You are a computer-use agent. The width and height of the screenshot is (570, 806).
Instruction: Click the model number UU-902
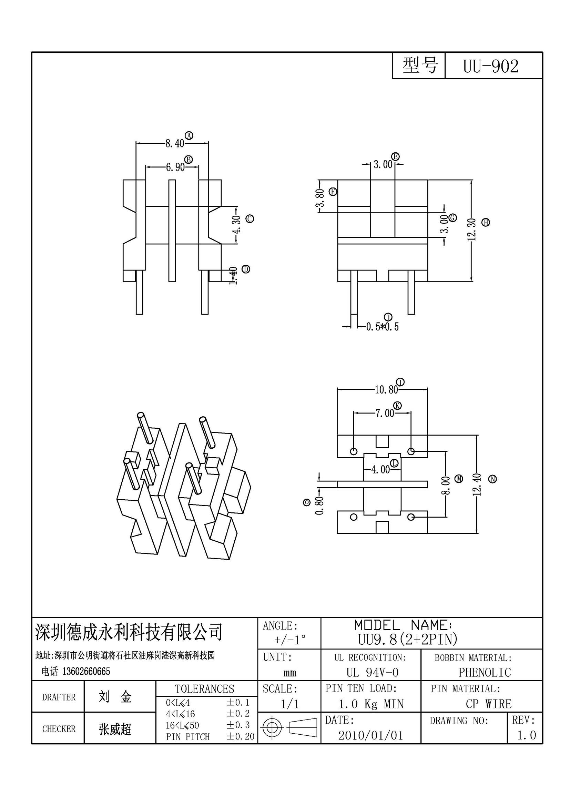pyautogui.click(x=490, y=67)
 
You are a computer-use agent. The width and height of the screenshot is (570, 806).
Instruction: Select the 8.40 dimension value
pyautogui.click(x=174, y=143)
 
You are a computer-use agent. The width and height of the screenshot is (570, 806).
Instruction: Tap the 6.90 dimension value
pyautogui.click(x=175, y=167)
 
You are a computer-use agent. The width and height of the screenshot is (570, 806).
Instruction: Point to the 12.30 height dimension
pyautogui.click(x=471, y=229)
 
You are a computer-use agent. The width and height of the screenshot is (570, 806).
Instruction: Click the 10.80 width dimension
pyautogui.click(x=386, y=390)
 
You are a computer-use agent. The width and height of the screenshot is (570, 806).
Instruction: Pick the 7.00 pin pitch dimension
pyautogui.click(x=385, y=413)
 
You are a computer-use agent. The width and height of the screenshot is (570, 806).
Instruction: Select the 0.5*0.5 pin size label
pyautogui.click(x=382, y=327)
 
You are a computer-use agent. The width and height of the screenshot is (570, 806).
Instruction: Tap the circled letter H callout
pyautogui.click(x=486, y=222)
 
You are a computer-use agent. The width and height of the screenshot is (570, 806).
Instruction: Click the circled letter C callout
pyautogui.click(x=250, y=219)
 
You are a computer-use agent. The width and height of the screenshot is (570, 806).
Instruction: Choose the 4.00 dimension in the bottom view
pyautogui.click(x=380, y=469)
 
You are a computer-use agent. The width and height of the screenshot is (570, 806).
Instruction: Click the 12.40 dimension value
pyautogui.click(x=477, y=484)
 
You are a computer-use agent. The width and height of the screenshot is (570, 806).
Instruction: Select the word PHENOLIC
pyautogui.click(x=485, y=672)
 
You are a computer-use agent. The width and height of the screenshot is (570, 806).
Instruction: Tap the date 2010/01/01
pyautogui.click(x=371, y=735)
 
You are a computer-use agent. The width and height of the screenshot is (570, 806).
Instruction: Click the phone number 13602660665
pyautogui.click(x=86, y=672)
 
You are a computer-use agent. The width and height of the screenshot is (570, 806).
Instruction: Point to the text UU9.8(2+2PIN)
pyautogui.click(x=407, y=639)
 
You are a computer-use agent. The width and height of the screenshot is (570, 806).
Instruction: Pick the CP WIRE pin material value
pyautogui.click(x=489, y=704)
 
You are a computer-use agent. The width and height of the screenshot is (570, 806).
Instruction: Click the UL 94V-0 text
pyautogui.click(x=373, y=672)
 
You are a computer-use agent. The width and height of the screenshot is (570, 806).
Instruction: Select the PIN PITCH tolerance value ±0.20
pyautogui.click(x=241, y=736)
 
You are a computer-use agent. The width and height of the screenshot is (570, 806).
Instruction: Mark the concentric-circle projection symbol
pyautogui.click(x=272, y=727)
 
